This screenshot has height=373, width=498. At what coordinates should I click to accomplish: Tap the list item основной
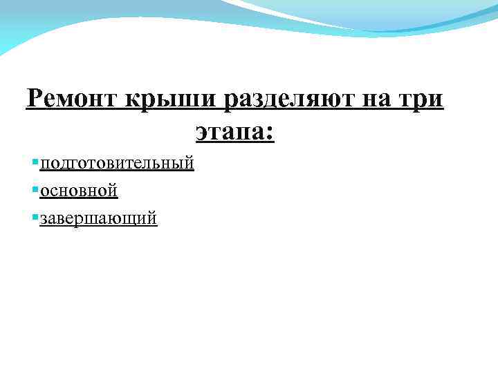[79, 190]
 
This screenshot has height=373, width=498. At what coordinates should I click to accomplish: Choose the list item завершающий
[98, 218]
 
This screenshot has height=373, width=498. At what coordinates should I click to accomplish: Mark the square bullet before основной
[35, 189]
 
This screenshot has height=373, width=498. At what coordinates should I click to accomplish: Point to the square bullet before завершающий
[35, 217]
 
